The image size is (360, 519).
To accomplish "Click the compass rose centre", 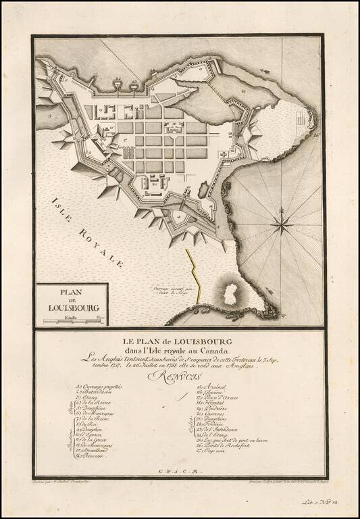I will (x=282, y=222).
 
